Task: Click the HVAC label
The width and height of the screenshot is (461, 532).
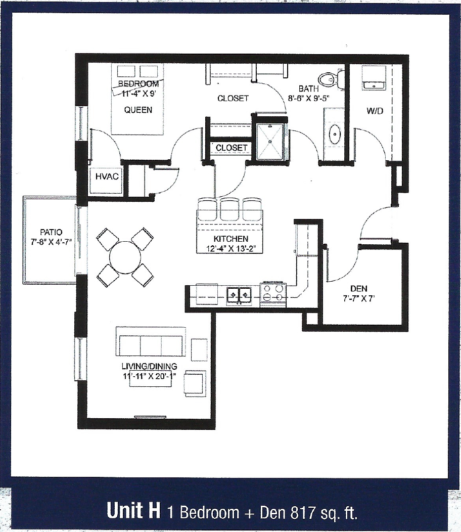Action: (106, 176)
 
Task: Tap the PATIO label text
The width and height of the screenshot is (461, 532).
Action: (51, 232)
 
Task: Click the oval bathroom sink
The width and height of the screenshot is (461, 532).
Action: (335, 135)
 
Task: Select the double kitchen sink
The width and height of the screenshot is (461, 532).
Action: (239, 293)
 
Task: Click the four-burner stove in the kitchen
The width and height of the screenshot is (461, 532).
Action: (273, 293)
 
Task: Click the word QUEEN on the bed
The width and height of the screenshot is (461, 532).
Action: (138, 110)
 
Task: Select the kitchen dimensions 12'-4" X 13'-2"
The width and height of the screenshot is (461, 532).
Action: (231, 248)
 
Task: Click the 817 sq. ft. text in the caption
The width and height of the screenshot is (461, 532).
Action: (325, 512)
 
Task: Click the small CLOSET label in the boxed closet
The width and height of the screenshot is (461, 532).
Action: (232, 148)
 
